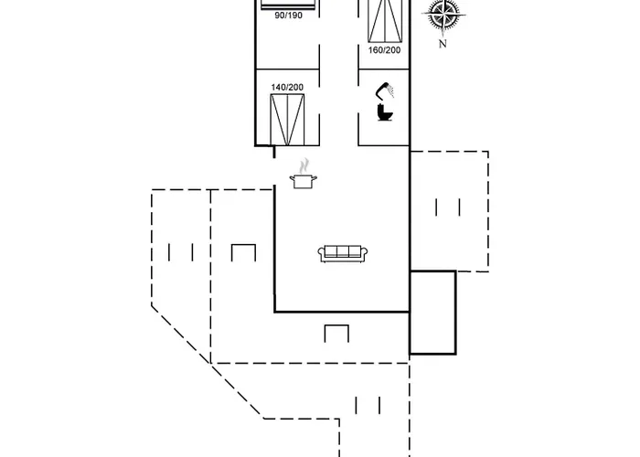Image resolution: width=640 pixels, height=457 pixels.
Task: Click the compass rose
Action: pos(443,16)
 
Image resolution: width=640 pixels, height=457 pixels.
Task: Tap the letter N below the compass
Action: pos(443,43)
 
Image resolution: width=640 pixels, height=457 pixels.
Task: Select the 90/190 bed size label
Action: pos(287,16)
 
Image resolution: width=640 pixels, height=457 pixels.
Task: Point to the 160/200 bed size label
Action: pos(384,50)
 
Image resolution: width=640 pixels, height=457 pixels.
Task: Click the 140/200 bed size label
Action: pos(287,87)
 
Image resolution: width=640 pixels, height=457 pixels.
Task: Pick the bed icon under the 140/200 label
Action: pos(287,119)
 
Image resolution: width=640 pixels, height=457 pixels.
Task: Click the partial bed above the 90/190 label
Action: pos(287,4)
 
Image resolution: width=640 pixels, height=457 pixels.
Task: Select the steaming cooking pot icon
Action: pos(302,180)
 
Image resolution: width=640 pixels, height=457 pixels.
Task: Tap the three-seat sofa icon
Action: pos(343,253)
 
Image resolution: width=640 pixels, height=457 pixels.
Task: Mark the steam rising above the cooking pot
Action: pos(302,165)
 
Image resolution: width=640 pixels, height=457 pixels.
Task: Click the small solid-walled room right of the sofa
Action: pos(432,313)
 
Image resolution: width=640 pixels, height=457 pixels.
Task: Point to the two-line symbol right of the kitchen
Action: pos(448,207)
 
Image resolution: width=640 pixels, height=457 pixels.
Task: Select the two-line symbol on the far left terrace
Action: pos(180,251)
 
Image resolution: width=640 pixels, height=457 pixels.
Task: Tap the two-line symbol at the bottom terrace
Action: pos(368,404)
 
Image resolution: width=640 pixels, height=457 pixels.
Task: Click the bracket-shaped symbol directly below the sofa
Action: pos(336,334)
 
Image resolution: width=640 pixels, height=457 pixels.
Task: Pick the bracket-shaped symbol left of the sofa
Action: pos(242,252)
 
